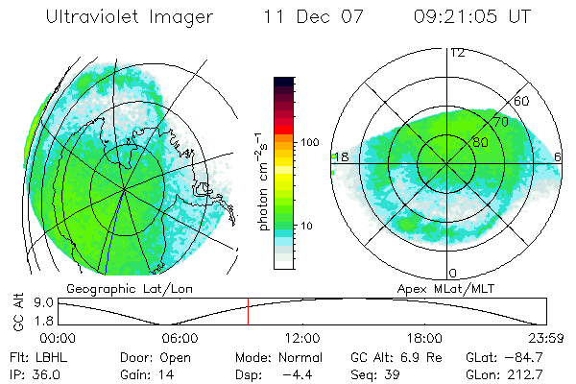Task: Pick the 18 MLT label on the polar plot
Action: click(340, 156)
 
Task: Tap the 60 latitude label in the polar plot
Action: click(522, 101)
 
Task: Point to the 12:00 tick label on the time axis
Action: click(302, 338)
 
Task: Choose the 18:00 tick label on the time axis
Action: click(424, 338)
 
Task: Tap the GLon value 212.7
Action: click(529, 372)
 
